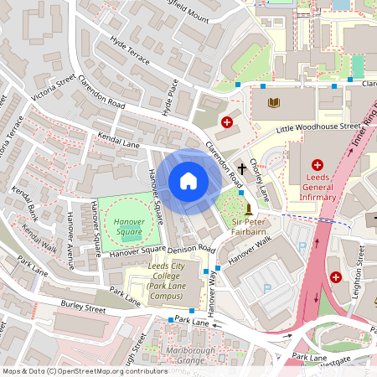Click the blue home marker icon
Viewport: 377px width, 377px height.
pos(188,181)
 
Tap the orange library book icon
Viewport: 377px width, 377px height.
pos(272,103)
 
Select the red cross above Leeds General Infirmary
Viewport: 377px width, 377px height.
pos(318,165)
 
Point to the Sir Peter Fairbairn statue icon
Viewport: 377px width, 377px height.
pos(249,209)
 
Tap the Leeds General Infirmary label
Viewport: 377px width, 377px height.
pos(318,190)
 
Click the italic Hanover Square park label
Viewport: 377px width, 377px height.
pos(126,227)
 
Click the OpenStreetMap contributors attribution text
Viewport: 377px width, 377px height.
pos(84,369)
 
